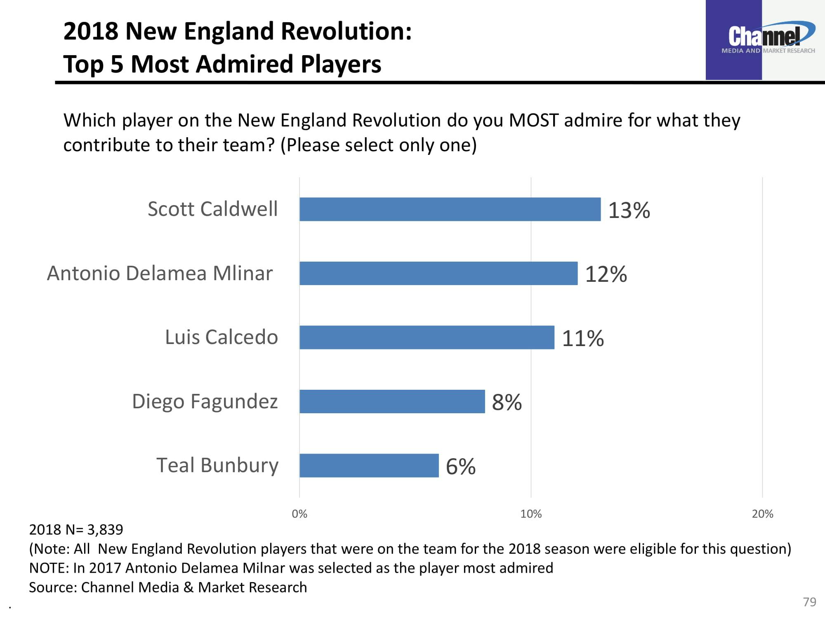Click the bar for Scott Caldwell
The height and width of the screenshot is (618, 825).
(450, 209)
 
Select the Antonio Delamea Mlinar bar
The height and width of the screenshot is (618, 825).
(438, 273)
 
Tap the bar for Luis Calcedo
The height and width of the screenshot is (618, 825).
(427, 337)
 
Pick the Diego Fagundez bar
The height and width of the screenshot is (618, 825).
(392, 401)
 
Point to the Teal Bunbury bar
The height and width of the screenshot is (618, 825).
(369, 466)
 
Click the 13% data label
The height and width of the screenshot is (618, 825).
(629, 210)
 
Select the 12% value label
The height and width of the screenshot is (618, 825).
(606, 274)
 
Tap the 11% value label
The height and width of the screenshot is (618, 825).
(583, 338)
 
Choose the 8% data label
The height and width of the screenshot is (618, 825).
(507, 402)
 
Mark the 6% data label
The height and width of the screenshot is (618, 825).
(461, 466)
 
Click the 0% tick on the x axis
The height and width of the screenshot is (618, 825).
(299, 514)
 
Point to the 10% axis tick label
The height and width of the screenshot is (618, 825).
(531, 514)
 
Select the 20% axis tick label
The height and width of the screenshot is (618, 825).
(762, 514)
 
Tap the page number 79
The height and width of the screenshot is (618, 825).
(810, 602)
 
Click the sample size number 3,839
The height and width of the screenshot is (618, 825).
(105, 529)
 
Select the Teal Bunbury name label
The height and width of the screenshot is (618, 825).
(217, 466)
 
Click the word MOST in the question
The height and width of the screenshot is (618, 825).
(534, 120)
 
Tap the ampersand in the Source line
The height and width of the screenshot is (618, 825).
(189, 587)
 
